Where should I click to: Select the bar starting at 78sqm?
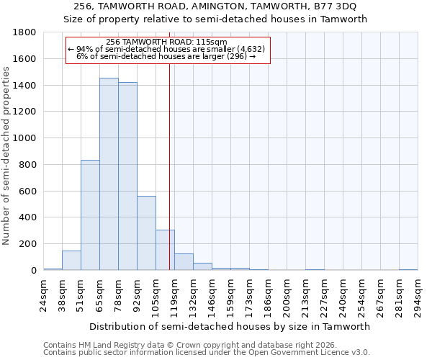(x=127, y=176)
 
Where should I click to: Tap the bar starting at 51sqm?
(x=90, y=215)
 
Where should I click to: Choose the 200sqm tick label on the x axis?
(x=287, y=295)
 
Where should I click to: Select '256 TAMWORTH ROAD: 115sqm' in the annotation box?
(x=166, y=42)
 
